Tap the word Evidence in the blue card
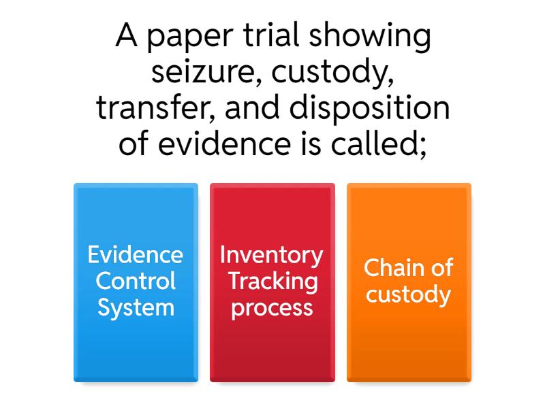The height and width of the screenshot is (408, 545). tap(136, 254)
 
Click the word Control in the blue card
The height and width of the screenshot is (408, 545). tap(136, 281)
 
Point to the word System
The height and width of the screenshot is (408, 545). tap(136, 307)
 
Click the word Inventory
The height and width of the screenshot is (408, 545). tap(272, 254)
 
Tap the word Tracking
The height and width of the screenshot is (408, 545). tap(272, 281)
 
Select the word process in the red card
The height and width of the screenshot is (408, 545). tap(272, 307)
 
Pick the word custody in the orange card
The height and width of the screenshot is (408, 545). tap(409, 294)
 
